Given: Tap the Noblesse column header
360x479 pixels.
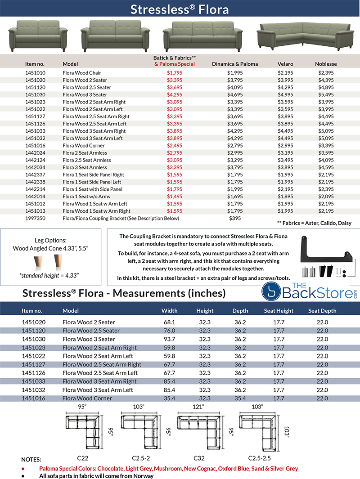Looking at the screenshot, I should tap(326, 64).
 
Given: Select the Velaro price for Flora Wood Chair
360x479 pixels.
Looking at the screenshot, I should tap(285, 73).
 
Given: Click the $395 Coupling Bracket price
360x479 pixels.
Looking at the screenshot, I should tap(234, 218).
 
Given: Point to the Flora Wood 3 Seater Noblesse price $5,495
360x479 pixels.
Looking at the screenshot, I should tap(326, 94).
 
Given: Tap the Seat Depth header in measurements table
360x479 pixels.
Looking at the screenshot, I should tap(322, 310).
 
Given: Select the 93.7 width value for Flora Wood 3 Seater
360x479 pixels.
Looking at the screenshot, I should tap(169, 339).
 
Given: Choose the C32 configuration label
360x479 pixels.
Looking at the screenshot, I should tap(199, 458).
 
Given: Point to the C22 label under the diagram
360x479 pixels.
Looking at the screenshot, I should tap(82, 458).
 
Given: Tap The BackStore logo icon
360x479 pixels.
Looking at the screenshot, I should tap(272, 292).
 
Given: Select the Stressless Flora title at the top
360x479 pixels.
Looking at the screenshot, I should tap(180, 9).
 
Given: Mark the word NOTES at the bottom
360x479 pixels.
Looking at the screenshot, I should tap(31, 460).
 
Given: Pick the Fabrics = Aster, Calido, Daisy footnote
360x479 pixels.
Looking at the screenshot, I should tap(315, 223).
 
